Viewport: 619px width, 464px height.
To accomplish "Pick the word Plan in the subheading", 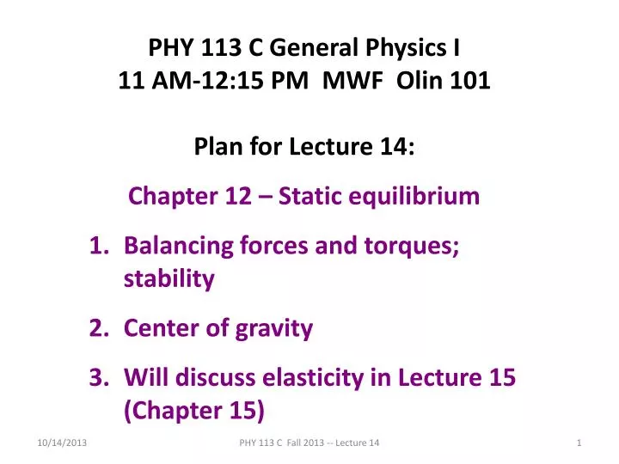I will (x=217, y=149).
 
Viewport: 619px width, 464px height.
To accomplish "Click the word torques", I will (x=414, y=247).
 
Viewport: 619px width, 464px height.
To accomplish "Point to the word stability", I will (x=169, y=278).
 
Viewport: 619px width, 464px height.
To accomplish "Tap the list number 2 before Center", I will (x=96, y=327).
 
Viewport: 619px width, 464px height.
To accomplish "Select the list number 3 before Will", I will (x=96, y=377).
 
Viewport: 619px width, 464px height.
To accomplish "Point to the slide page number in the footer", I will (x=580, y=442).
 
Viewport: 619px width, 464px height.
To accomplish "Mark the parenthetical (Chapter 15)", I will (x=193, y=410).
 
